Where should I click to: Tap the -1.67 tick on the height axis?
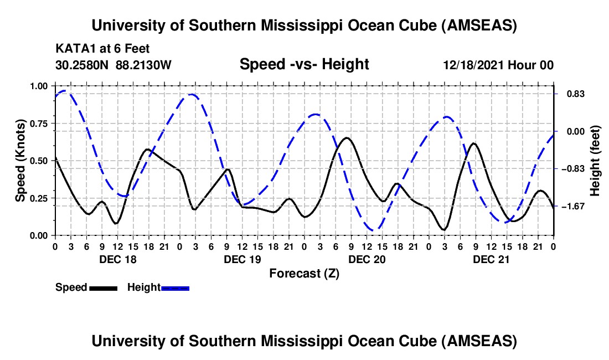pos(571,206)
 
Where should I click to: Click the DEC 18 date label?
pos(117,259)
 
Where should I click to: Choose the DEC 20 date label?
pos(367,259)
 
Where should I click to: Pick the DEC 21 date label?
pos(491,259)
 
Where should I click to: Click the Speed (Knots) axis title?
pos(20,161)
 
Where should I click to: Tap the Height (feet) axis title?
pos(595,161)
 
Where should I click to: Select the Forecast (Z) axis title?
pos(304,273)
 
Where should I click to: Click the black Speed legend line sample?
pos(103,287)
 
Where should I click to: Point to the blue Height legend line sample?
pos(175,287)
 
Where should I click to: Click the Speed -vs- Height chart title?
pos(304,64)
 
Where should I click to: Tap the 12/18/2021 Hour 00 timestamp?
pos(498,65)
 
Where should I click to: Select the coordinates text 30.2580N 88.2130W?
pos(113,65)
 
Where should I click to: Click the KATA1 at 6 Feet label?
pos(102,49)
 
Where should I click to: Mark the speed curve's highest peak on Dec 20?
pos(347,138)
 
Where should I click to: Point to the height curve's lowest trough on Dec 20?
pos(375,229)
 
